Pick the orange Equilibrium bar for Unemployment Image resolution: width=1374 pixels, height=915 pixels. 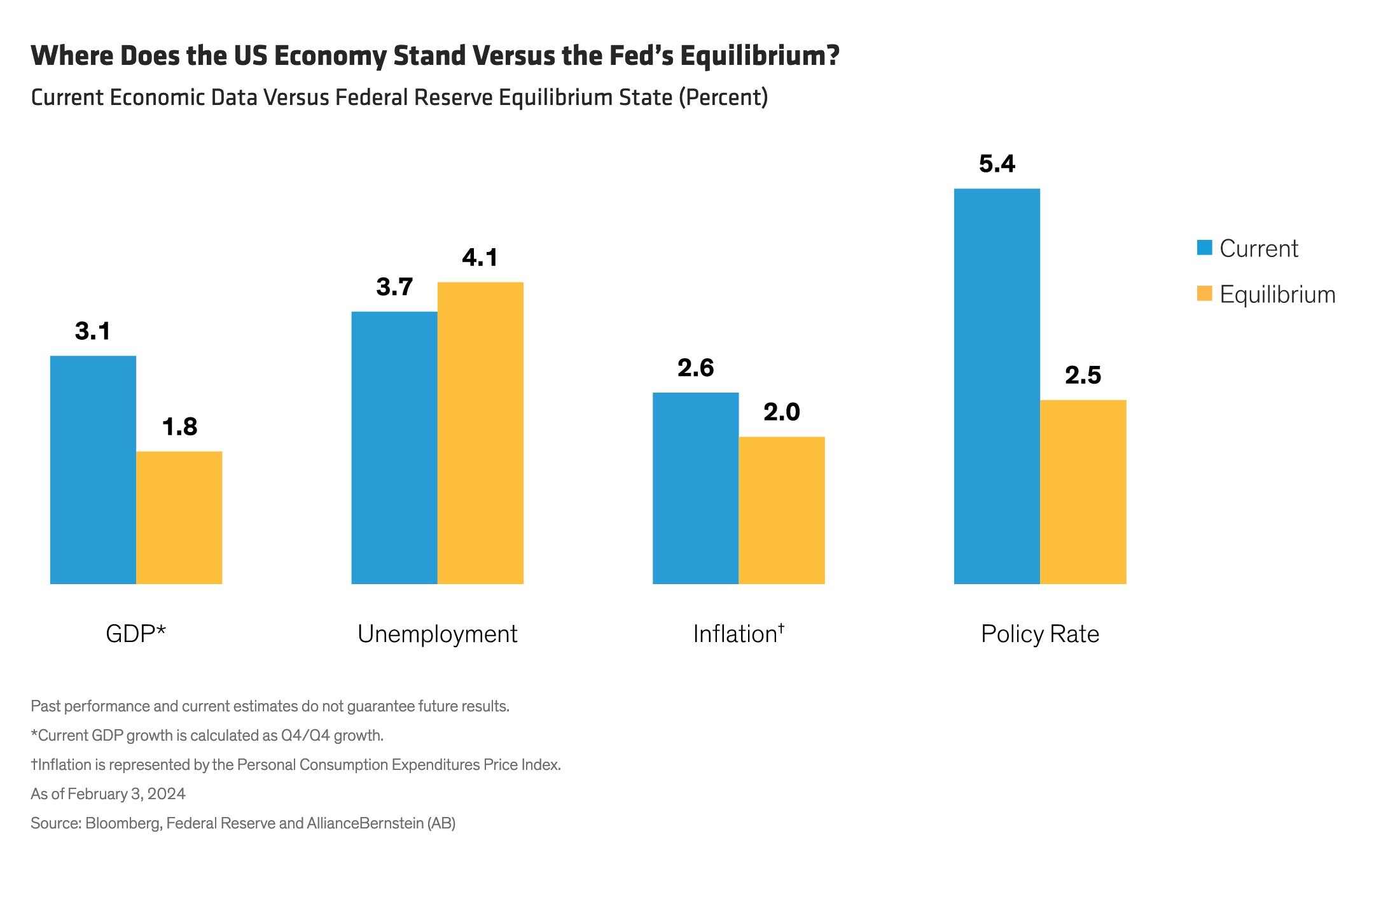tap(480, 433)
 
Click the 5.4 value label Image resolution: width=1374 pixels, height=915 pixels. tap(997, 164)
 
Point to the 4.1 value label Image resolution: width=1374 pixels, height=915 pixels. tap(480, 258)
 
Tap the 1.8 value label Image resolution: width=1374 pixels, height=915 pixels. tap(179, 427)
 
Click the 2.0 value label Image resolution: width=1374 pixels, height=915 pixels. tap(782, 412)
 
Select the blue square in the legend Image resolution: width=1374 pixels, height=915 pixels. tap(1204, 248)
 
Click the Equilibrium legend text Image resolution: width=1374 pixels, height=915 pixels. tap(1277, 295)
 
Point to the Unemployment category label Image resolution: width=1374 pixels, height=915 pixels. tap(437, 634)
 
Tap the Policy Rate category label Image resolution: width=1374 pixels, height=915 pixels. tap(1040, 634)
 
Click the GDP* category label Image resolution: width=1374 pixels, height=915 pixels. tap(135, 634)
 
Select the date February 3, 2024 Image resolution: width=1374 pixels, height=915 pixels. tap(127, 794)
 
